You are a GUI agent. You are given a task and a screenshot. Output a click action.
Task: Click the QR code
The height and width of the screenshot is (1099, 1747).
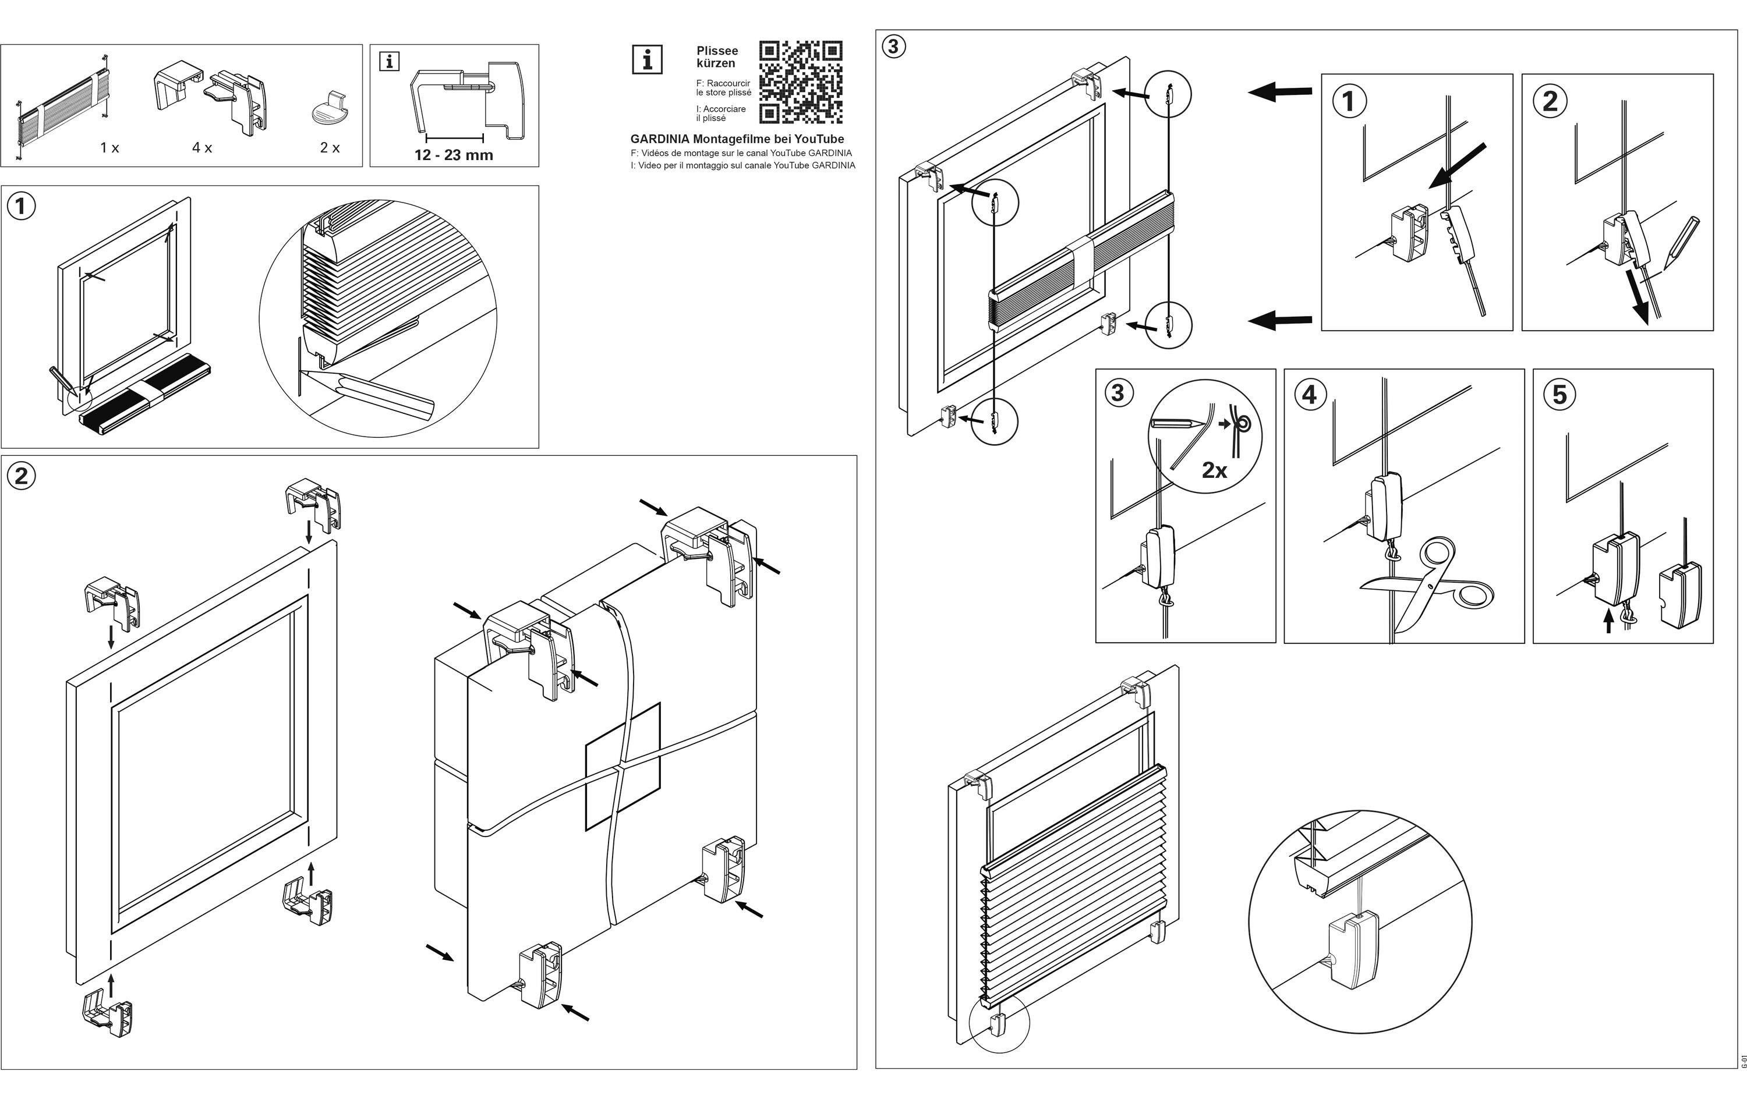coord(800,82)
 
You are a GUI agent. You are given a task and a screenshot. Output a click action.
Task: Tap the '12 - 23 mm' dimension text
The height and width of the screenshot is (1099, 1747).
coord(454,154)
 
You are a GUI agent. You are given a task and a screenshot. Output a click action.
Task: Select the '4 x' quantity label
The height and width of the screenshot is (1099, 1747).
coord(201,148)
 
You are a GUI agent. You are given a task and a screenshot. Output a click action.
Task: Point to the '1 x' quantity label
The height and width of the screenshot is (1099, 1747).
coord(109,148)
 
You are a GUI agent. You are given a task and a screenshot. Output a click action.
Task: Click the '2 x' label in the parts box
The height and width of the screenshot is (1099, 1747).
coord(330,148)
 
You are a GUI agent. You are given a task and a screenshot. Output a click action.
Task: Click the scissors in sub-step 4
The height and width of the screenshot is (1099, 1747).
coord(1426,587)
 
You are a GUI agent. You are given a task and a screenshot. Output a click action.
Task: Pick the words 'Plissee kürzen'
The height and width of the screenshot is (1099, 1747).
coord(717,56)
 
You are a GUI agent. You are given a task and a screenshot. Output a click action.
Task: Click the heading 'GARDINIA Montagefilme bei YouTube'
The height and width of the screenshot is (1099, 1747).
coord(737,139)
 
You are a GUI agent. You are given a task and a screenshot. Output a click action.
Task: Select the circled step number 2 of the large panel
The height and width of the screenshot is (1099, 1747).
coord(21,476)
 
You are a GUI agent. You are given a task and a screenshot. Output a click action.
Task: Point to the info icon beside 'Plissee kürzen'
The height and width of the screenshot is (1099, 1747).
coord(647,59)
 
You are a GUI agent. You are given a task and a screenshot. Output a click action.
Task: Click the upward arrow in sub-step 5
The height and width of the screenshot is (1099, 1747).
coord(1609,621)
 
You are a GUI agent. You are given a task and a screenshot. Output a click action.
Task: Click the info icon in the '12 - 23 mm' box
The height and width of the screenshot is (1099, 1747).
coord(390,62)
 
